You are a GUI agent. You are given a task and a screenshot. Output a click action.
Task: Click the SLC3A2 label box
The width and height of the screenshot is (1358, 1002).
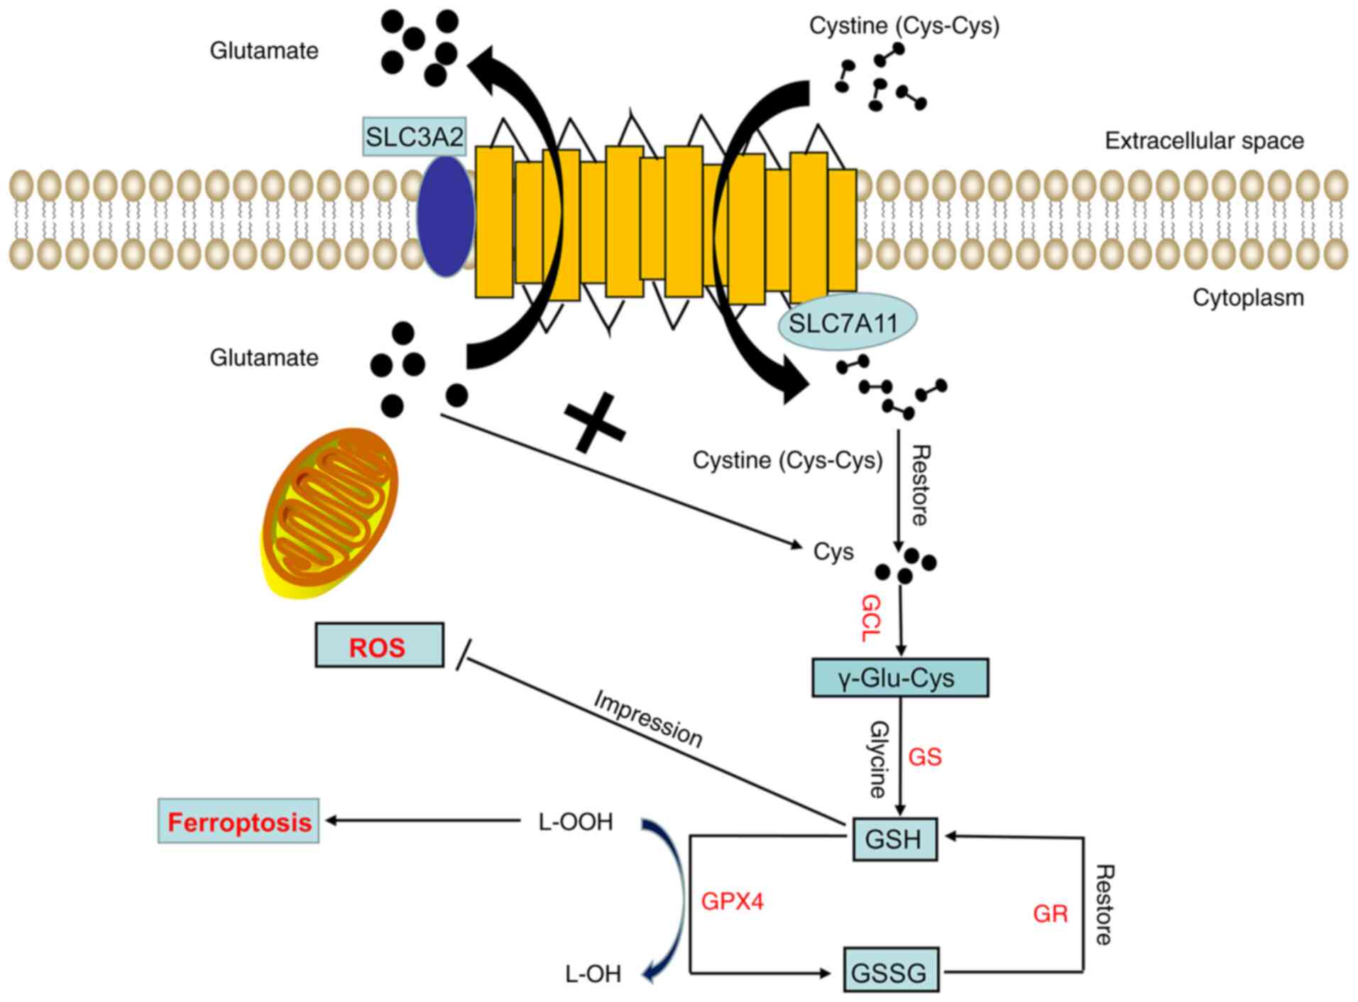pyautogui.click(x=414, y=136)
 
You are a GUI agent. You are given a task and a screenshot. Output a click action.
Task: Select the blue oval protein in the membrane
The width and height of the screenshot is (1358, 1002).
pyautogui.click(x=445, y=216)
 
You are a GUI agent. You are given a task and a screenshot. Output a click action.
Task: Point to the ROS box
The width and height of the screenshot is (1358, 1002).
pyautogui.click(x=379, y=646)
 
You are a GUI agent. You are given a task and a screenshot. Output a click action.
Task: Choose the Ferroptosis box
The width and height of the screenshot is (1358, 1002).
pyautogui.click(x=239, y=822)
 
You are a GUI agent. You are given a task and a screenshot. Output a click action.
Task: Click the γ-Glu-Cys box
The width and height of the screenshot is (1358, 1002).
pyautogui.click(x=899, y=677)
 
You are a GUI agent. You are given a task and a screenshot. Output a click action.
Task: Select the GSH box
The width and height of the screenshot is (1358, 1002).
pyautogui.click(x=894, y=839)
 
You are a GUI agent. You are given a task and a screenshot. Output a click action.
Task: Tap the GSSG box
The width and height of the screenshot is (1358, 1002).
pyautogui.click(x=890, y=970)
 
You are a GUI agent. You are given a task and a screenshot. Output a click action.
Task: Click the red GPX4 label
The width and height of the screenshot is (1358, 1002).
pyautogui.click(x=732, y=901)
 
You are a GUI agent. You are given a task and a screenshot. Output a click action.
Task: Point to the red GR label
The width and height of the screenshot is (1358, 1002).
pyautogui.click(x=1050, y=913)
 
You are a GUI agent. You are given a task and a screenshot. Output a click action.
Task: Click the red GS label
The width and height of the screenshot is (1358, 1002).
pyautogui.click(x=925, y=757)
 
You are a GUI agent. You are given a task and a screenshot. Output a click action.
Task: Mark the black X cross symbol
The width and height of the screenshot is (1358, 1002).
pyautogui.click(x=594, y=424)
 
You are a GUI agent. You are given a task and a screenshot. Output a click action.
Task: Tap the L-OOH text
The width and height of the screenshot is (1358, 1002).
pyautogui.click(x=576, y=822)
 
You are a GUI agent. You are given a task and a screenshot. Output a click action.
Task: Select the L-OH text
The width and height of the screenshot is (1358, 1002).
pyautogui.click(x=593, y=974)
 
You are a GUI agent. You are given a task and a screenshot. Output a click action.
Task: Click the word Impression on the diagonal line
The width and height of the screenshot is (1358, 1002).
pyautogui.click(x=647, y=719)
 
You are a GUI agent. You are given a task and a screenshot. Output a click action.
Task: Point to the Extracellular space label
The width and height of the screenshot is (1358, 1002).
pyautogui.click(x=1204, y=141)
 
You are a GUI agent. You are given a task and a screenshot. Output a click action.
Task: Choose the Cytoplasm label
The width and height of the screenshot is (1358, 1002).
pyautogui.click(x=1248, y=297)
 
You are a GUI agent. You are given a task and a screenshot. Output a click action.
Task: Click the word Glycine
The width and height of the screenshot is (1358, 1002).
pyautogui.click(x=879, y=759)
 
